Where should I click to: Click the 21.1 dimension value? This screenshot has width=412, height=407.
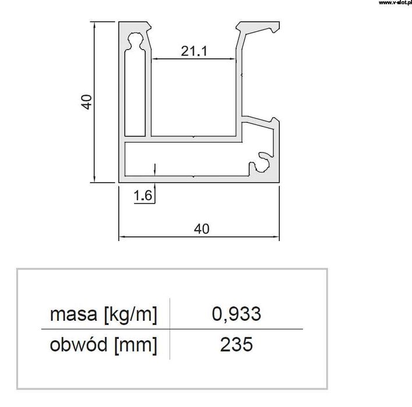pyautogui.click(x=194, y=51)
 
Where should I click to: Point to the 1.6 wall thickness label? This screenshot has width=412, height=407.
pyautogui.click(x=143, y=196)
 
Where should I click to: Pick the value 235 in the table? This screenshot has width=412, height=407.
pyautogui.click(x=236, y=345)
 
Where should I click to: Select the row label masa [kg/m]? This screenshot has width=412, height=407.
pyautogui.click(x=104, y=315)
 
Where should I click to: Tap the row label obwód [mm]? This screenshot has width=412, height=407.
pyautogui.click(x=104, y=345)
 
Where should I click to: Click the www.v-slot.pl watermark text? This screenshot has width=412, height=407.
pyautogui.click(x=394, y=3)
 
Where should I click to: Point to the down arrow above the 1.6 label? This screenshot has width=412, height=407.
pyautogui.click(x=154, y=169)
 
